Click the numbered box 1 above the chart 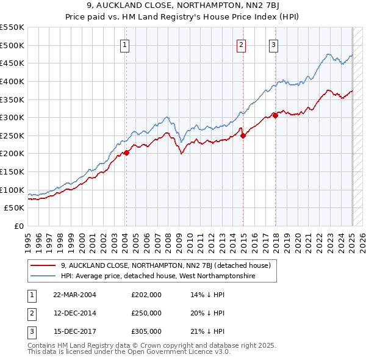click(124, 44)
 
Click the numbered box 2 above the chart click(242, 44)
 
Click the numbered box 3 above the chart click(273, 44)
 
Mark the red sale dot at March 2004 click(126, 153)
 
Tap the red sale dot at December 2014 click(243, 135)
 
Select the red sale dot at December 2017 click(275, 115)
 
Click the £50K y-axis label click(15, 208)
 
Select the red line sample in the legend click(43, 265)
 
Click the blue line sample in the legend click(43, 276)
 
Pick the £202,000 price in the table click(146, 295)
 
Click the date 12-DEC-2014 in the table click(75, 313)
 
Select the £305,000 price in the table click(146, 331)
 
